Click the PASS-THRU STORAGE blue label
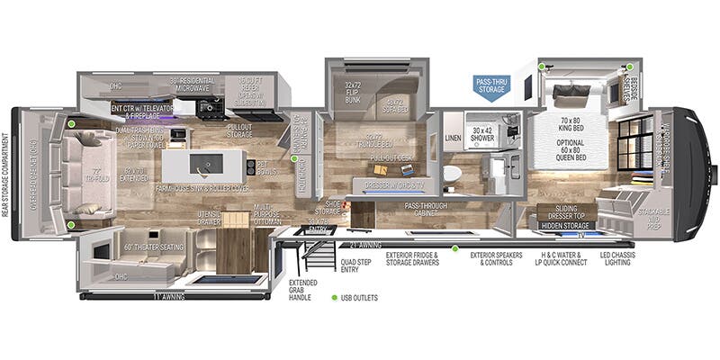click(x=492, y=85)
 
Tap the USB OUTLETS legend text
click(x=359, y=297)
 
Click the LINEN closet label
click(x=453, y=139)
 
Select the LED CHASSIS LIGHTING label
click(x=634, y=259)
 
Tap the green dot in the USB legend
click(x=333, y=297)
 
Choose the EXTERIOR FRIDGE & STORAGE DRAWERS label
click(x=412, y=259)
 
